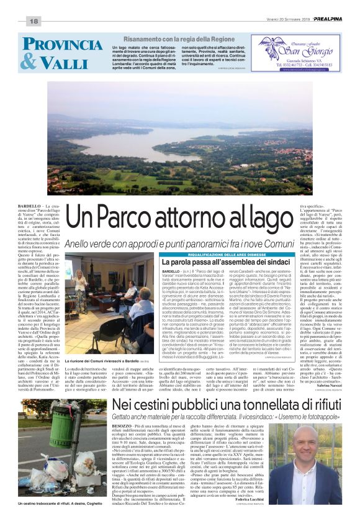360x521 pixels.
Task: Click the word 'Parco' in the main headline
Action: coord(153,218)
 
